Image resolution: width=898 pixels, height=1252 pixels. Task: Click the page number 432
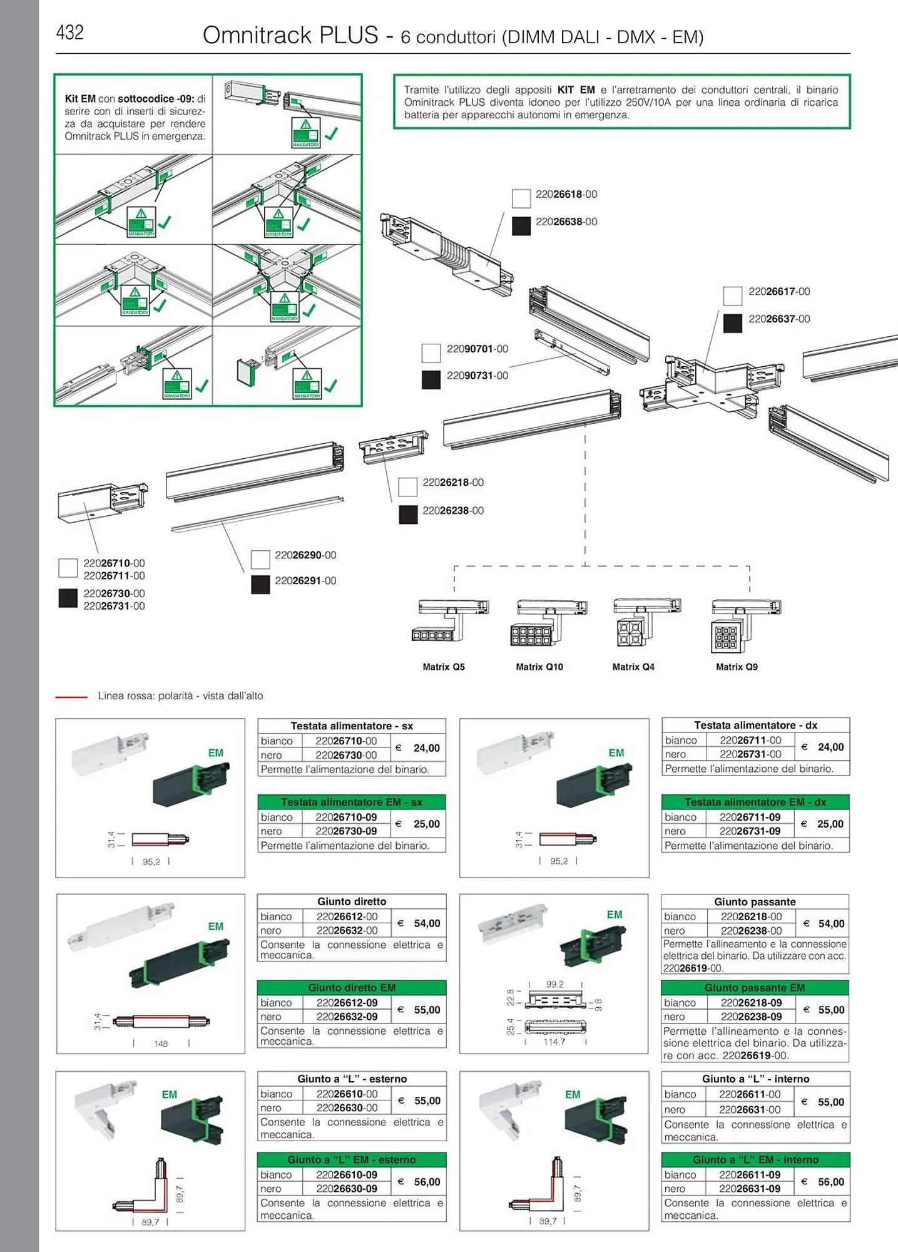click(x=69, y=32)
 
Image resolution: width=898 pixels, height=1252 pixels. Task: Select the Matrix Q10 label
click(x=539, y=667)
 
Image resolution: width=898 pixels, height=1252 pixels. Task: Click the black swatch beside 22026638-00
click(x=521, y=225)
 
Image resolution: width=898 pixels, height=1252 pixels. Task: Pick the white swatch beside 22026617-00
click(x=732, y=295)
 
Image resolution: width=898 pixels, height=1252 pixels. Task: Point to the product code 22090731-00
click(x=477, y=376)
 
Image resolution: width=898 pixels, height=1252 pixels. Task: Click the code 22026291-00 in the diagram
click(x=305, y=581)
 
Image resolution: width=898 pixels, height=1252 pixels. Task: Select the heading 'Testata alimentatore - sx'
click(x=352, y=726)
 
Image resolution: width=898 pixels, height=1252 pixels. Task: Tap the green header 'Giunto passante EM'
click(x=755, y=987)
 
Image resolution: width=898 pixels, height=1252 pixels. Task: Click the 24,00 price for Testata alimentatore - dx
click(x=830, y=747)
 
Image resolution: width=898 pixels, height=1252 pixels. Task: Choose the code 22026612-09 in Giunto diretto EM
click(x=347, y=1002)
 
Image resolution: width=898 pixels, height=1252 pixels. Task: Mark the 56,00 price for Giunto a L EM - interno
click(x=830, y=1181)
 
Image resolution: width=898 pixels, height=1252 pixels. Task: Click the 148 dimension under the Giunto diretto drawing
click(x=161, y=1044)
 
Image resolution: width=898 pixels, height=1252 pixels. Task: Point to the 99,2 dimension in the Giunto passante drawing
click(x=554, y=984)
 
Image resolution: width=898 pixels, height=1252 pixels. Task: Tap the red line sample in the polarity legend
click(x=71, y=696)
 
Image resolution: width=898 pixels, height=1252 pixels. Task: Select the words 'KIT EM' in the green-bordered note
click(x=576, y=90)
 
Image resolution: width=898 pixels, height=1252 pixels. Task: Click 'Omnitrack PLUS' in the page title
click(x=290, y=35)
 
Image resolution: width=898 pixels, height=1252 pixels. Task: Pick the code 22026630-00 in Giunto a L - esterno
click(x=347, y=1107)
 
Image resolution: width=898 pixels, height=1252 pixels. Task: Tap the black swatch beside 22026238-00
click(x=408, y=515)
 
